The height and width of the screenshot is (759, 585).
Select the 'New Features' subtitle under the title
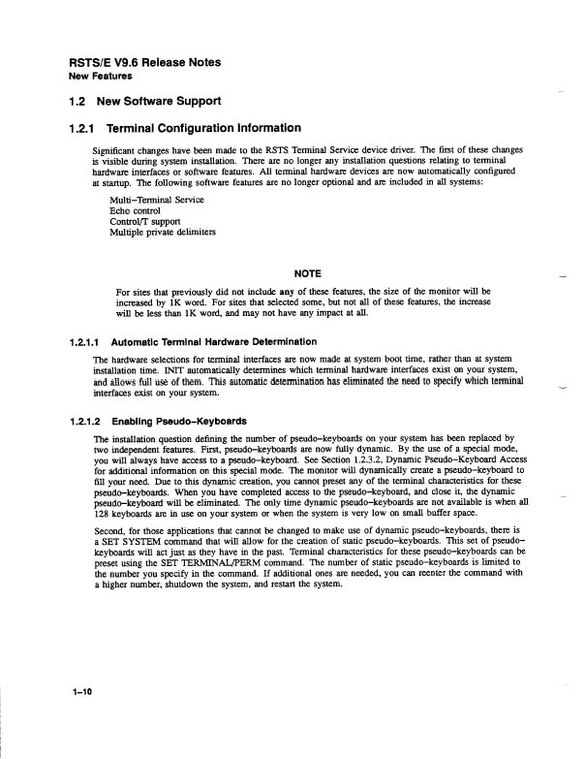(100, 76)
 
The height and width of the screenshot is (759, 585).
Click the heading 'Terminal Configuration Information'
(205, 128)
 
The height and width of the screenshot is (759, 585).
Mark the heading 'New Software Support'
(165, 102)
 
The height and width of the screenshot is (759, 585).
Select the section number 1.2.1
(81, 128)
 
